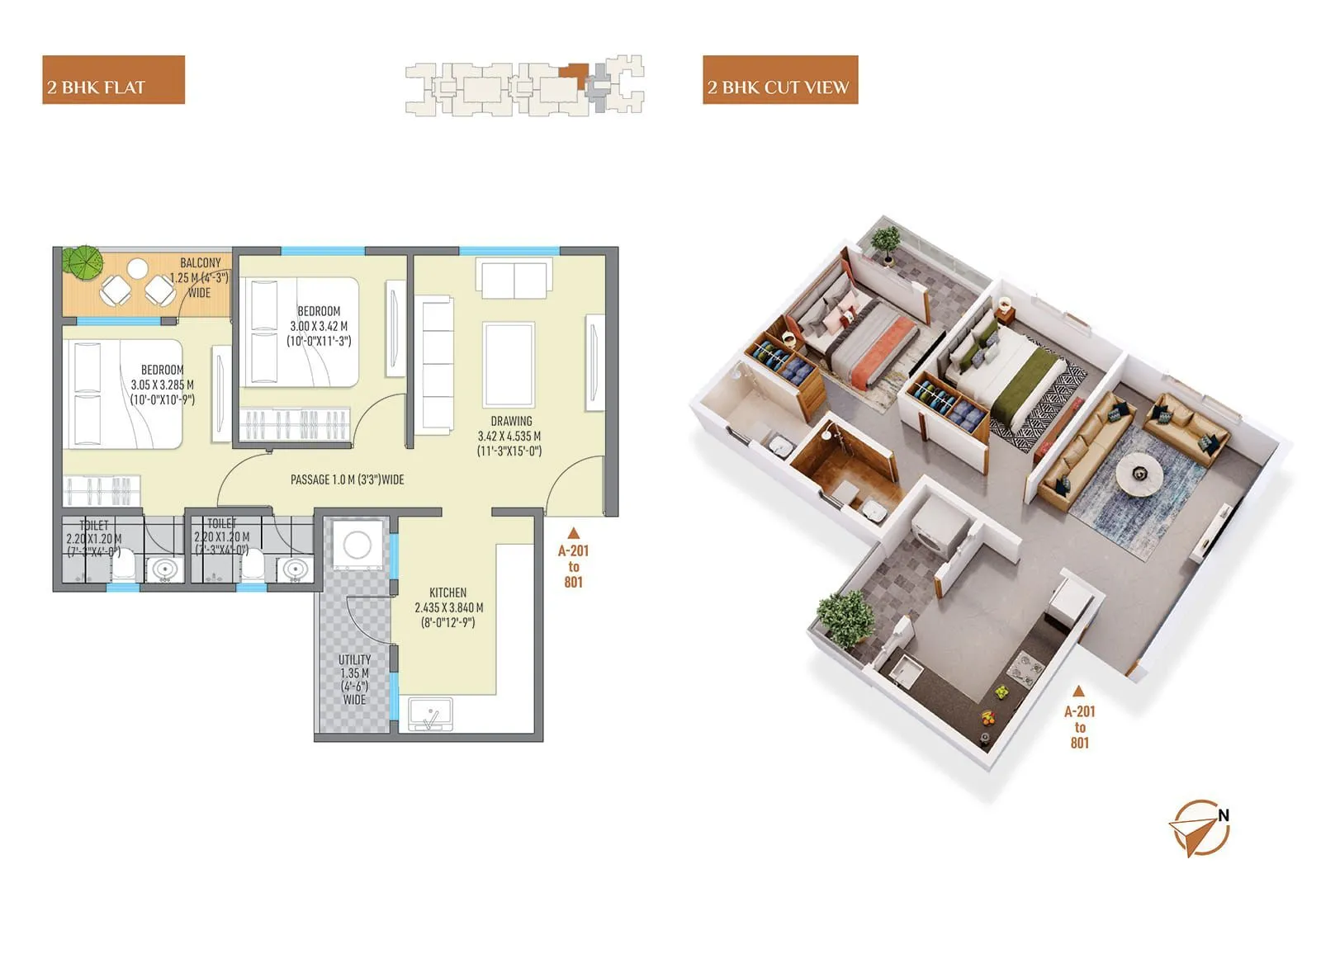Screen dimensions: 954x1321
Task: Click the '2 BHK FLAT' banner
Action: [x=113, y=80]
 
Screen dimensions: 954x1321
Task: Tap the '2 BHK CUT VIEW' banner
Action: [x=779, y=80]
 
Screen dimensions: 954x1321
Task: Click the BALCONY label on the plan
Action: [x=201, y=263]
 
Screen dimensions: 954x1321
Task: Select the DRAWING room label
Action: [x=511, y=421]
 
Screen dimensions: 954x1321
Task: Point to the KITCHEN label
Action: [x=447, y=593]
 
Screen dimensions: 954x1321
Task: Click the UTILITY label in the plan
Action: [x=354, y=659]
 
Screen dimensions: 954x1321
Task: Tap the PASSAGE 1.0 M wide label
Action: [x=347, y=479]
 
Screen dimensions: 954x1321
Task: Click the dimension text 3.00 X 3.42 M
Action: [x=319, y=326]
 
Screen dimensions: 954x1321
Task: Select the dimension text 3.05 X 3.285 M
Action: [x=162, y=385]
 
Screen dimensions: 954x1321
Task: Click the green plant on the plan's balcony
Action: [x=83, y=261]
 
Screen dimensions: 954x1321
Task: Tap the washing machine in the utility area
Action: [x=357, y=545]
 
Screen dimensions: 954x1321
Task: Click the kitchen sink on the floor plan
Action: [x=430, y=715]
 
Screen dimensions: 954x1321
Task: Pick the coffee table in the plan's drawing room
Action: [x=509, y=364]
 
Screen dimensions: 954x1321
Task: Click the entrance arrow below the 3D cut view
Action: [x=1078, y=692]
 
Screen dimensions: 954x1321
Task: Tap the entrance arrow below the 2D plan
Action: [x=573, y=533]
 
